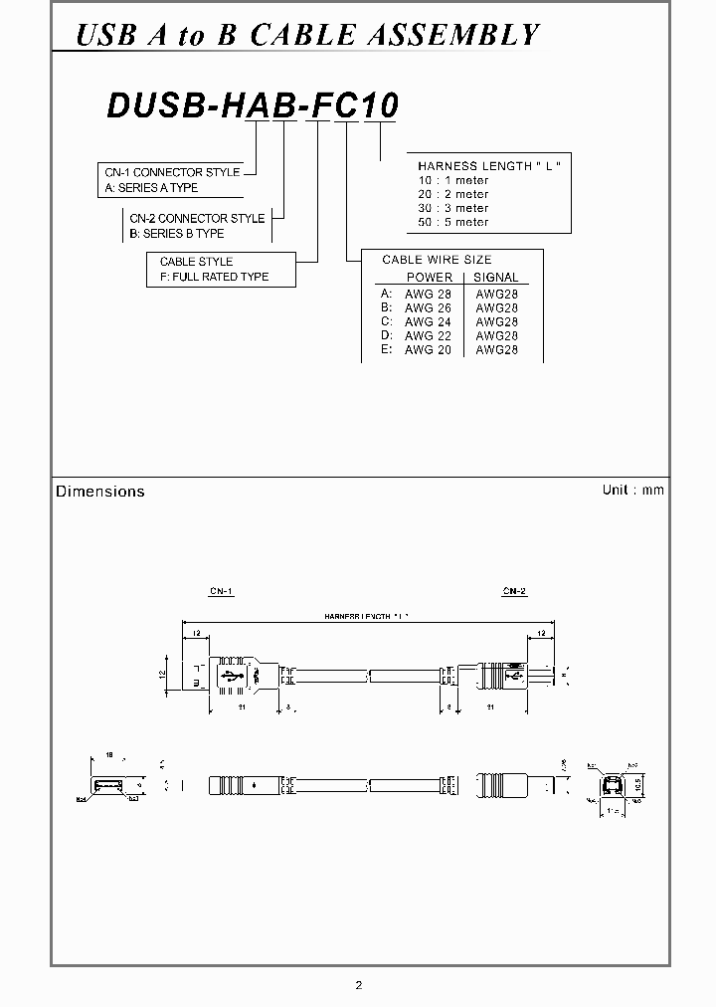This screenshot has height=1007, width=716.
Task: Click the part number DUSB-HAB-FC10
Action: click(x=252, y=105)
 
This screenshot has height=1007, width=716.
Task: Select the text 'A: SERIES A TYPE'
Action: click(x=152, y=187)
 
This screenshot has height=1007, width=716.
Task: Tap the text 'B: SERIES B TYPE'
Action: click(x=176, y=233)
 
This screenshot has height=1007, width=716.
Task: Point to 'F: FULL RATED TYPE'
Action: click(x=208, y=277)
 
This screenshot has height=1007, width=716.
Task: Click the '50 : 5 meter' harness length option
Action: click(x=453, y=222)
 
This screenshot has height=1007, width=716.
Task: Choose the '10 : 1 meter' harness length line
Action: click(x=453, y=180)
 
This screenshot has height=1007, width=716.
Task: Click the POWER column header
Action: click(x=429, y=278)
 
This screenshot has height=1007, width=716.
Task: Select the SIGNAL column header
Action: click(x=495, y=278)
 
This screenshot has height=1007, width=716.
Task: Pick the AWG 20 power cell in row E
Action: click(x=428, y=349)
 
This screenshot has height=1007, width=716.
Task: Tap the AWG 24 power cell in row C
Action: click(x=428, y=321)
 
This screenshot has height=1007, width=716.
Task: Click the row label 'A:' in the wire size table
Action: click(x=386, y=294)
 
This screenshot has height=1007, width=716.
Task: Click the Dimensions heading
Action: click(x=100, y=492)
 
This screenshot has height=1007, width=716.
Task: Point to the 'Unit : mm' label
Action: click(x=632, y=490)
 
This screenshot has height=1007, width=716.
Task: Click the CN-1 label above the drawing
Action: click(x=221, y=592)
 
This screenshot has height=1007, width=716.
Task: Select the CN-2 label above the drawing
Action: click(x=514, y=592)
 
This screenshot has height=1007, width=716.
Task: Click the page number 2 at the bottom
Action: click(x=359, y=986)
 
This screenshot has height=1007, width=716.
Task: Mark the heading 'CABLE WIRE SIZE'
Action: click(x=437, y=260)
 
